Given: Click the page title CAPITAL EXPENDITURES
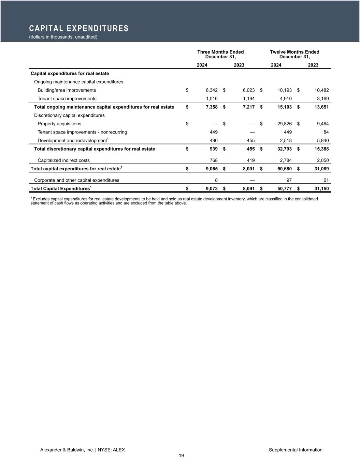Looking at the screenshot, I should [79, 28].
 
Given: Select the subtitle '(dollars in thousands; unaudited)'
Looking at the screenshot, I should [63, 37].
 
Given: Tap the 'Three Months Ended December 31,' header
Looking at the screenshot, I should [220, 54].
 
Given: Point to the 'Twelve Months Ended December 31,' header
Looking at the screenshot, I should [294, 54].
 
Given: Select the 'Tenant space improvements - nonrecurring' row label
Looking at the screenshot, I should [82, 132].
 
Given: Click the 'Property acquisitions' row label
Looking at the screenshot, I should [59, 124].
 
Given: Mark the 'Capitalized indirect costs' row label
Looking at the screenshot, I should [63, 160].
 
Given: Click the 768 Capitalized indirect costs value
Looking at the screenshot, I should [214, 160].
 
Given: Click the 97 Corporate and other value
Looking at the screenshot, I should [289, 180].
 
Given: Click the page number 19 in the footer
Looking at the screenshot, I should [181, 456].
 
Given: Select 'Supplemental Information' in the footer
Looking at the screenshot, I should [296, 450].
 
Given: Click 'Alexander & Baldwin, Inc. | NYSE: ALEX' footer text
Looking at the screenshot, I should [83, 450].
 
